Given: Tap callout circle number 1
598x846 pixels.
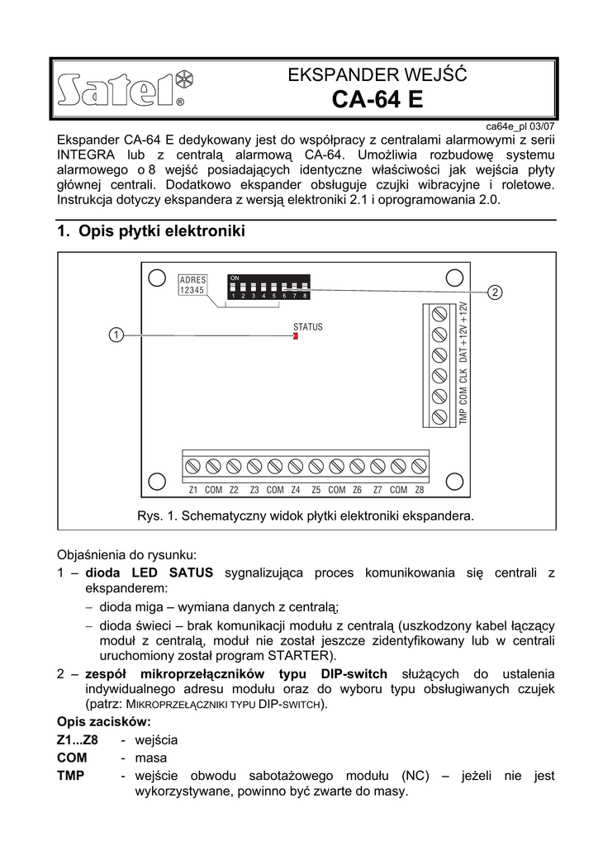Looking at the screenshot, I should (116, 335).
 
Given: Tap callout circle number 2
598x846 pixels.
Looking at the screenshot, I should (494, 292).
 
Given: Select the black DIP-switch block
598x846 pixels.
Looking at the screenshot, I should (269, 286).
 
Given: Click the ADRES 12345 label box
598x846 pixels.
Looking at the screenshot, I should (192, 285).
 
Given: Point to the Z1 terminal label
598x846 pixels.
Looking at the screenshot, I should (192, 490).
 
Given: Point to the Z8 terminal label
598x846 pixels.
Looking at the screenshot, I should (419, 490).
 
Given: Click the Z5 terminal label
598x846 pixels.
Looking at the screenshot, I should (316, 490).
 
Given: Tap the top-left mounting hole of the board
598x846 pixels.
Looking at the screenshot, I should (155, 277).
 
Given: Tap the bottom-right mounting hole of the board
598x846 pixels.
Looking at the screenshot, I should (453, 481).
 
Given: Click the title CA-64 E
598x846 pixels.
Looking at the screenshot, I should (377, 100).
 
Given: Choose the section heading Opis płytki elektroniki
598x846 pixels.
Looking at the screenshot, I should (151, 232).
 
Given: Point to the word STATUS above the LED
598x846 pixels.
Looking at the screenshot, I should (308, 327).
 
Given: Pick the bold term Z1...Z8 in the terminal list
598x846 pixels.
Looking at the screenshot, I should (78, 739).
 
